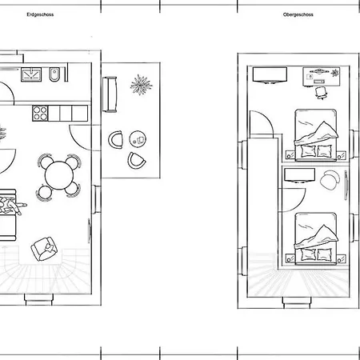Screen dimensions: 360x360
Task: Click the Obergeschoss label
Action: click(x=298, y=15)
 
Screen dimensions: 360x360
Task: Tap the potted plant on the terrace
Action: click(x=142, y=84)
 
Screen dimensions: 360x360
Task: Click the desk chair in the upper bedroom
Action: click(x=322, y=93)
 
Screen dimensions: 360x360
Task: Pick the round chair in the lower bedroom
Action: click(x=328, y=182)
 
